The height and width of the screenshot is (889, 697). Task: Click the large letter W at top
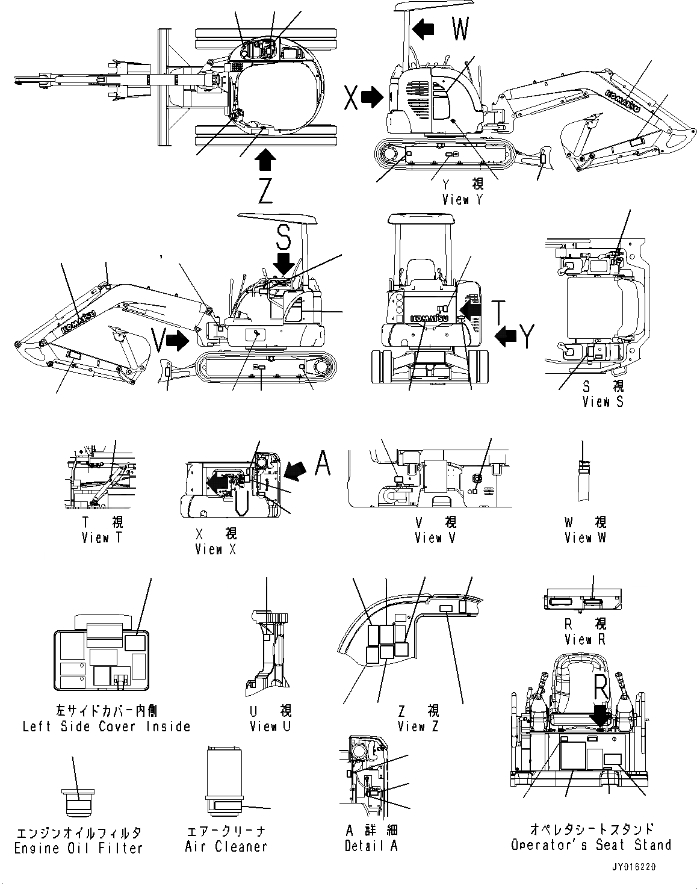pos(460,28)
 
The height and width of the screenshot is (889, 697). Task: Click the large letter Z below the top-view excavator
pos(265,191)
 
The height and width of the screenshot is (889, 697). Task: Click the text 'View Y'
pos(462,200)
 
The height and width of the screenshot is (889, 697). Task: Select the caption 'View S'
pos(603,401)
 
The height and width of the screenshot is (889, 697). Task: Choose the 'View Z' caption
pos(418,726)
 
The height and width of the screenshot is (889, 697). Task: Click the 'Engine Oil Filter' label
pos(78,848)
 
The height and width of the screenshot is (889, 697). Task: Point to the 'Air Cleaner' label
pos(226,846)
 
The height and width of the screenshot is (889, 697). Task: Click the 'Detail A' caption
pos(371,846)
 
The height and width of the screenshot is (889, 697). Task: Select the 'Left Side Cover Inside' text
pos(106,726)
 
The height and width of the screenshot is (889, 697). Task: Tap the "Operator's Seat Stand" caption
pos(590,845)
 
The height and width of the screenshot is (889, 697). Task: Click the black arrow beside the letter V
pos(177,341)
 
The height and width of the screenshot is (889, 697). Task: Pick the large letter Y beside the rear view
pos(527,336)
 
